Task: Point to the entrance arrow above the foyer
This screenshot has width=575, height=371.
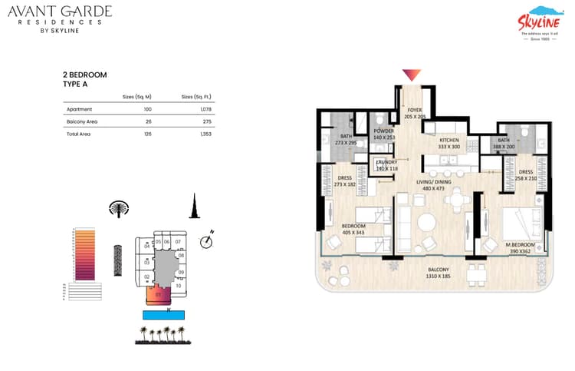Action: [x=412, y=75]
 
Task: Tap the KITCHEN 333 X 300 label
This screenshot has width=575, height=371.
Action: [x=449, y=143]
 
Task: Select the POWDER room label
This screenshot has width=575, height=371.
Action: [x=383, y=134]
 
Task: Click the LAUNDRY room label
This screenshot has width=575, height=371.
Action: [x=386, y=165]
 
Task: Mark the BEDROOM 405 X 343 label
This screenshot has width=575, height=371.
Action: [x=353, y=229]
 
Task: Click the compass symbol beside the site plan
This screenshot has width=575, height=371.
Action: [x=205, y=242]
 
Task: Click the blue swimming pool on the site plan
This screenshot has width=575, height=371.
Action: [x=163, y=314]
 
